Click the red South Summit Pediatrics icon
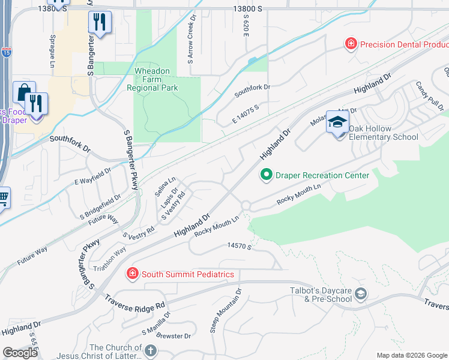pyautogui.click(x=131, y=274)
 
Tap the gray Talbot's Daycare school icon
pyautogui.click(x=360, y=293)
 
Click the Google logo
pyautogui.click(x=20, y=353)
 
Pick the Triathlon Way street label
pyautogui.click(x=109, y=260)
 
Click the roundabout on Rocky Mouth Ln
pyautogui.click(x=246, y=206)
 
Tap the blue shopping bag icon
pyautogui.click(x=23, y=92)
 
